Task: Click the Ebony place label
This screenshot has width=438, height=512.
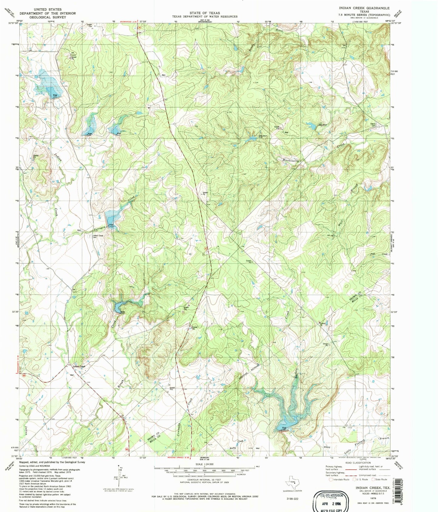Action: click(327, 447)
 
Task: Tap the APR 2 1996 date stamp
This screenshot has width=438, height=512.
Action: click(329, 503)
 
